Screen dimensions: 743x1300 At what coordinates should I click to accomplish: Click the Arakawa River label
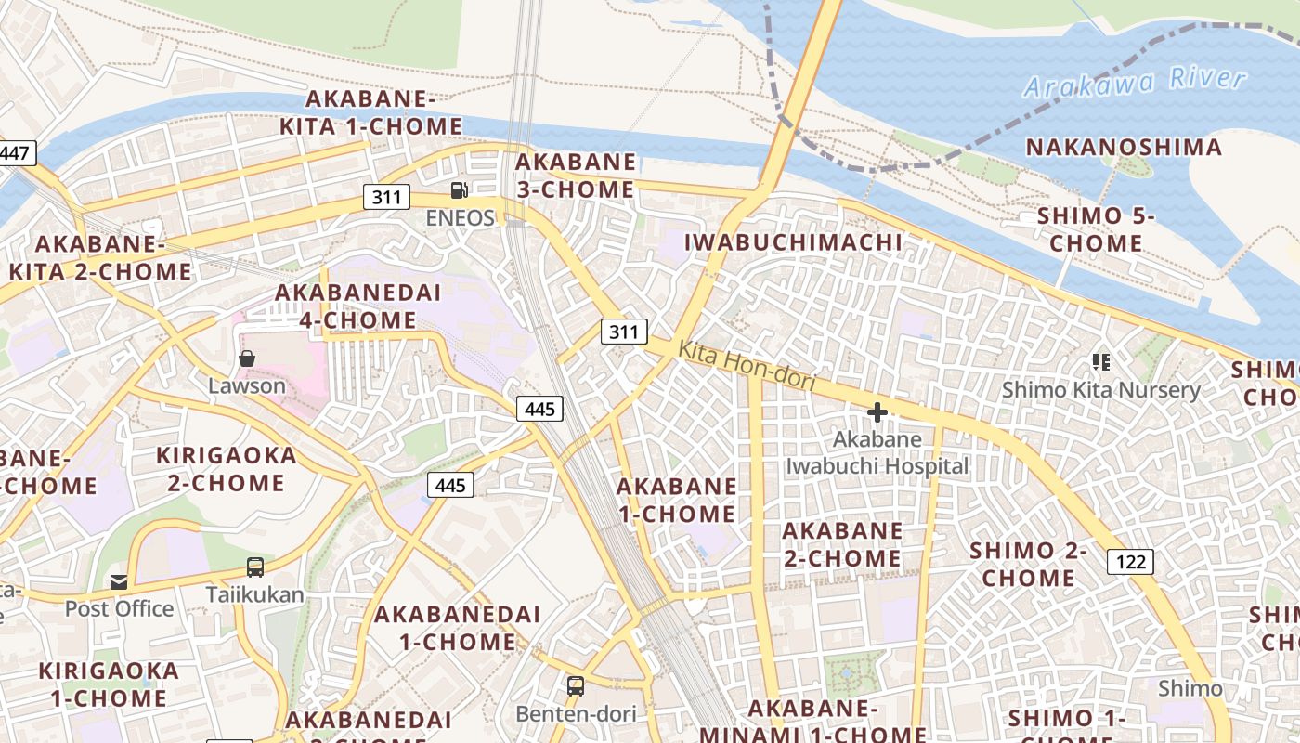pyautogui.click(x=1134, y=82)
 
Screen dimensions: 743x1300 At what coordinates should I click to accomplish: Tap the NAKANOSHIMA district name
pyautogui.click(x=1124, y=147)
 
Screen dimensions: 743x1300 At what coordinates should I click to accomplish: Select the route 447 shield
pyautogui.click(x=15, y=153)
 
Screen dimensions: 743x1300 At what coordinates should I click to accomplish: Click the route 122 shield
pyautogui.click(x=1130, y=561)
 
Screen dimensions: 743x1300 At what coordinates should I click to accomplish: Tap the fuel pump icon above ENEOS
pyautogui.click(x=459, y=190)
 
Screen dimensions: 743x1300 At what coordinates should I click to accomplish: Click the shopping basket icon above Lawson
pyautogui.click(x=247, y=358)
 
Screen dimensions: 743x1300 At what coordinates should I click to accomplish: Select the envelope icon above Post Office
pyautogui.click(x=119, y=582)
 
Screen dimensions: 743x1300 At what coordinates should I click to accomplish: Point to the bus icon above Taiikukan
pyautogui.click(x=254, y=567)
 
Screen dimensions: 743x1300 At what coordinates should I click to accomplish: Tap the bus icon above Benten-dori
pyautogui.click(x=576, y=686)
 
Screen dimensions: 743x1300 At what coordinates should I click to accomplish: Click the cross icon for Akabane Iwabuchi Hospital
pyautogui.click(x=877, y=411)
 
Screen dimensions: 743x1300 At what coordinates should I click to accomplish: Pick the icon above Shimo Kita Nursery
pyautogui.click(x=1101, y=362)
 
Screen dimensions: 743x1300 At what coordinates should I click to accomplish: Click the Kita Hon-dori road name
pyautogui.click(x=747, y=366)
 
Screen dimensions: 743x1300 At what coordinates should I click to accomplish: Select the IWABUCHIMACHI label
pyautogui.click(x=793, y=242)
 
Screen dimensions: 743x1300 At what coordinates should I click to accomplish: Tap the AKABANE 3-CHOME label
pyautogui.click(x=576, y=176)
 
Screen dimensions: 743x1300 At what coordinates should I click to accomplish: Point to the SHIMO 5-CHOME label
pyautogui.click(x=1096, y=229)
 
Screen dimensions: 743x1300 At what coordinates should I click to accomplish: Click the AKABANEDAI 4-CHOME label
pyautogui.click(x=357, y=306)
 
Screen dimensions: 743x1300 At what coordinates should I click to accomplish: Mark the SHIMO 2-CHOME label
pyautogui.click(x=1028, y=564)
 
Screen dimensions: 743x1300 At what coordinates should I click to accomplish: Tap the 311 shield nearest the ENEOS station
pyautogui.click(x=386, y=196)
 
